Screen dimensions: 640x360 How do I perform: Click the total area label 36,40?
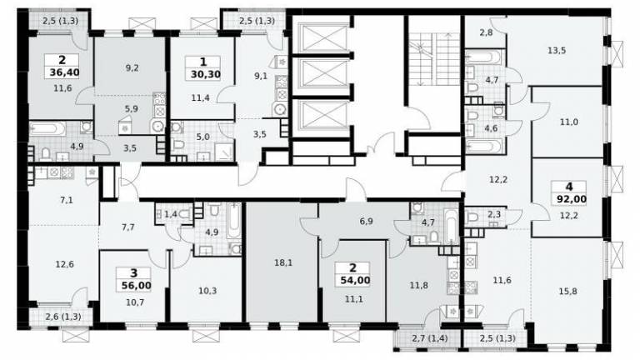[x=64, y=73]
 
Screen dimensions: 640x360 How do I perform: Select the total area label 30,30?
[x=205, y=75]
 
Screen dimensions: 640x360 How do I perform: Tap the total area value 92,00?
[x=572, y=200]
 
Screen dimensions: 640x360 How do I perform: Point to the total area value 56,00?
[x=136, y=286]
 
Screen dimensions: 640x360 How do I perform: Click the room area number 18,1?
[x=283, y=262]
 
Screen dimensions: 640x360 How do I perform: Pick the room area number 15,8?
[x=568, y=292]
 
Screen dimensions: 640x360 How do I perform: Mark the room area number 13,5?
[x=557, y=51]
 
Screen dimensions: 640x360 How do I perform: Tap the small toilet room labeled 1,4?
[x=171, y=213]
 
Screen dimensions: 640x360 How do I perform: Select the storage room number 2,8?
[x=486, y=32]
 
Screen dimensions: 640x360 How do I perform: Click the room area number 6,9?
[x=366, y=221]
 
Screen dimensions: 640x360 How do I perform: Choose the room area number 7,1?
[x=66, y=200]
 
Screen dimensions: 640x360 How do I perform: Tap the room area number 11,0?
[x=568, y=122]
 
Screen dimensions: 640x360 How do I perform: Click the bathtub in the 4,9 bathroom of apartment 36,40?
[x=47, y=128]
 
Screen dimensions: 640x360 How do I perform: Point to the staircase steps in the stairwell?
[x=436, y=59]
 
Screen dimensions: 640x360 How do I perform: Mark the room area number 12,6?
[x=64, y=264]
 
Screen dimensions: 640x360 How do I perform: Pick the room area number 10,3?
[x=207, y=291]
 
